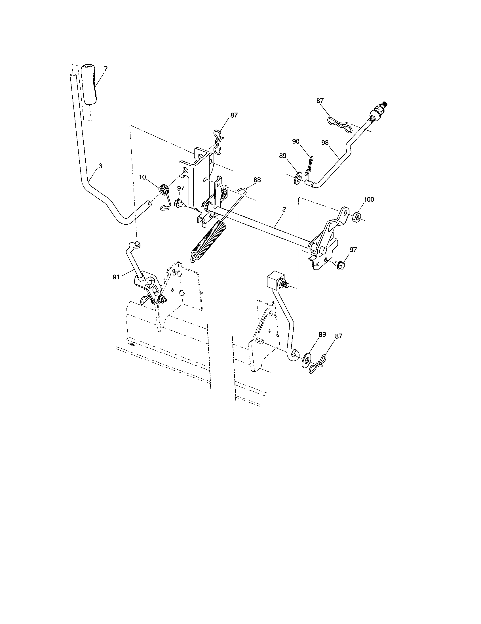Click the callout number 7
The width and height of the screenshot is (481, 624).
106,69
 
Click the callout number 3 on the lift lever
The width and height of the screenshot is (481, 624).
100,166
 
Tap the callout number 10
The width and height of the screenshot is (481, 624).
143,177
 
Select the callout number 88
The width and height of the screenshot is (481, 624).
257,180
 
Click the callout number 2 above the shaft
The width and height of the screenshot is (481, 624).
284,209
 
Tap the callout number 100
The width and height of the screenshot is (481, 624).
368,199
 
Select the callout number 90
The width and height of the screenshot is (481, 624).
296,141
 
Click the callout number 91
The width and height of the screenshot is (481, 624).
116,277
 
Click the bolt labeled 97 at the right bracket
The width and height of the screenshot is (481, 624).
340,265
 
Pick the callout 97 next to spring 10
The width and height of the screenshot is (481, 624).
181,188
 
